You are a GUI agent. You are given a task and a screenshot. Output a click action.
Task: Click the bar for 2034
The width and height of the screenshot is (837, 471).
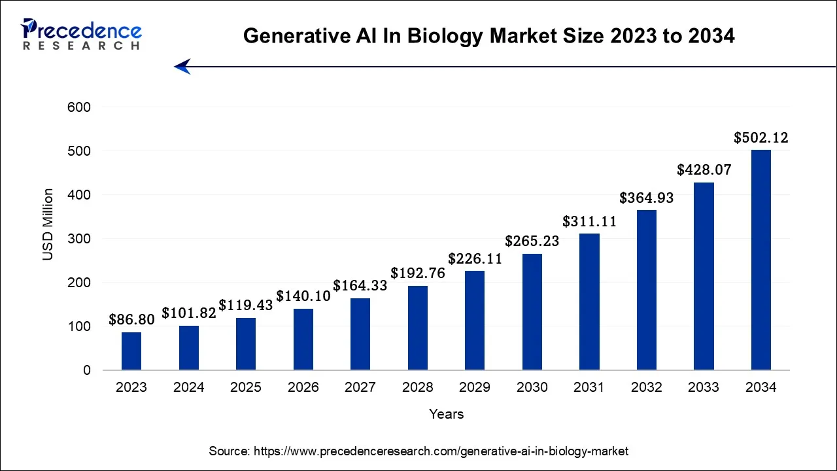(760, 260)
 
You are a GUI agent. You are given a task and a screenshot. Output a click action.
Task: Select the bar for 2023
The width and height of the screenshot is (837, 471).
(131, 351)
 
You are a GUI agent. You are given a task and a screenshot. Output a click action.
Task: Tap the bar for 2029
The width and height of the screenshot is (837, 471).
(475, 321)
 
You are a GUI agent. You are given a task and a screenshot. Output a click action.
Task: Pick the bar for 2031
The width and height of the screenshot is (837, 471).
(589, 302)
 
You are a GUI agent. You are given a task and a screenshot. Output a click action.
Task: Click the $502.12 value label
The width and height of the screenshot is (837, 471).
(760, 138)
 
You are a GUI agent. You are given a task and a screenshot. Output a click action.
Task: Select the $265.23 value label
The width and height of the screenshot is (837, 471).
(532, 241)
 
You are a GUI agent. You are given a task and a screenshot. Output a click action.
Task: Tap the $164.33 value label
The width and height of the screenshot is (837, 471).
(360, 286)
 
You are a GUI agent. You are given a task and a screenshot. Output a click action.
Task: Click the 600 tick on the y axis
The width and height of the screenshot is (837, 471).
(79, 107)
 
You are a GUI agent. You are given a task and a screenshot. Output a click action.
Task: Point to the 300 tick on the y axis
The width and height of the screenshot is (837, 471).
(79, 239)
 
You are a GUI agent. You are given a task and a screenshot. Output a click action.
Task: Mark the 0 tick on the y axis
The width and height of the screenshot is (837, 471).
(86, 370)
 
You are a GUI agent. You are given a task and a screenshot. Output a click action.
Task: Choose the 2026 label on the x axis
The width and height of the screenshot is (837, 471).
(303, 387)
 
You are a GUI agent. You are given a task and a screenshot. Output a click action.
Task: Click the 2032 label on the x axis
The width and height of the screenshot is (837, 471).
(646, 387)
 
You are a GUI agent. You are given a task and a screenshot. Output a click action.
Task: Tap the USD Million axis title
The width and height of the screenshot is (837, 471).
(48, 224)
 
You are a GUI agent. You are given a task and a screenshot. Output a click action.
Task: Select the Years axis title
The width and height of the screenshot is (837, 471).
(446, 414)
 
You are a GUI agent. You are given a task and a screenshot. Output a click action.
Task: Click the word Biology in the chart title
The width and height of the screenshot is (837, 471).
(444, 37)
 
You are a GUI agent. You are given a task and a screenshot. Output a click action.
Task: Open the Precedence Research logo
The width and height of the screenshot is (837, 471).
(81, 34)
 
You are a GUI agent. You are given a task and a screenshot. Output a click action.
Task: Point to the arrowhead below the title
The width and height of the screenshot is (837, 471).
(182, 66)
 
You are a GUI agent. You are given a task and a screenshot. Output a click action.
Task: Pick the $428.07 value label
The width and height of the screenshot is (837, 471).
(704, 170)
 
